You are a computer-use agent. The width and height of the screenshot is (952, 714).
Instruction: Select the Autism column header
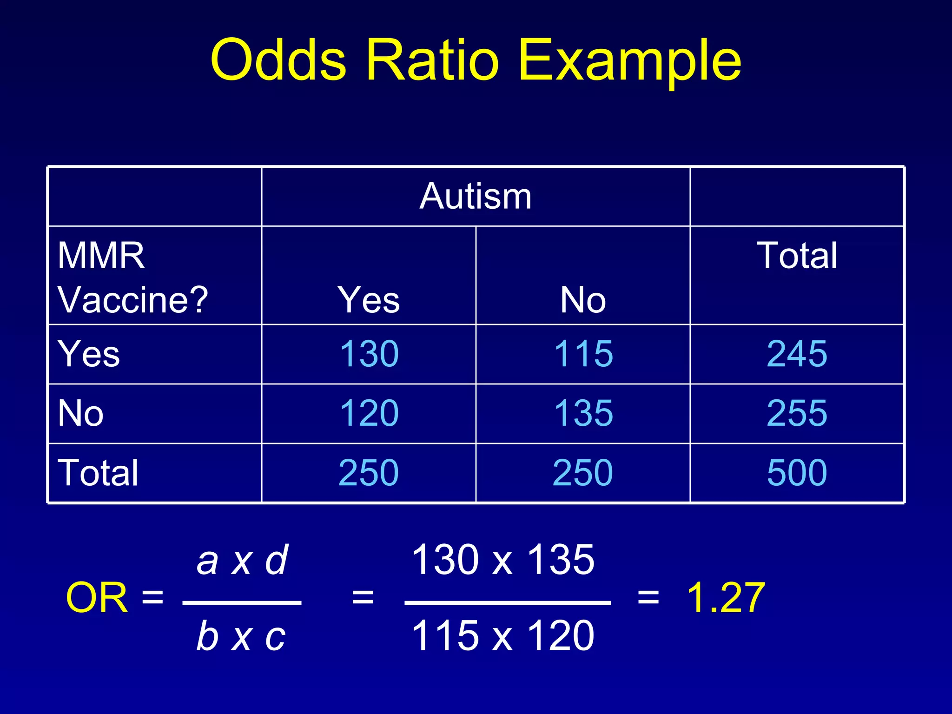(475, 196)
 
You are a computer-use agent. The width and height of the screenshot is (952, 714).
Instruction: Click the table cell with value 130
(369, 354)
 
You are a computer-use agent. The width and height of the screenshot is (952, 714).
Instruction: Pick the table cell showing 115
(583, 354)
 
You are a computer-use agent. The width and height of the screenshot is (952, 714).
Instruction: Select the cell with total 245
(797, 354)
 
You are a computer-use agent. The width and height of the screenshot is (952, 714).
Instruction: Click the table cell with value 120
(369, 413)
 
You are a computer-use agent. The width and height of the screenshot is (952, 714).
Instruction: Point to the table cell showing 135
(583, 413)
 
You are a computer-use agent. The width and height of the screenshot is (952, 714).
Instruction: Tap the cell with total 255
(797, 413)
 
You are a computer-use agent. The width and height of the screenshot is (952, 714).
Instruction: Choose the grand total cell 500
(797, 473)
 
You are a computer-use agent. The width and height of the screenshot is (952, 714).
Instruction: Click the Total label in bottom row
(98, 473)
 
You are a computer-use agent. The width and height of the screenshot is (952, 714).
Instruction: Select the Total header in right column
(797, 256)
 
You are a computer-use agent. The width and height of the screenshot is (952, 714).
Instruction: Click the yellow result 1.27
(726, 598)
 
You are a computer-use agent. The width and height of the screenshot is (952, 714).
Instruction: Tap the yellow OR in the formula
(97, 598)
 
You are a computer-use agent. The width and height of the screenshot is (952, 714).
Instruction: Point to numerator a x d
(242, 560)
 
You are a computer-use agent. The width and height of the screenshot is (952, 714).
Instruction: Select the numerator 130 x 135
(503, 560)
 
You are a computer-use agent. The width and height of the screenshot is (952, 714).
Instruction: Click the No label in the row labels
(80, 413)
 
